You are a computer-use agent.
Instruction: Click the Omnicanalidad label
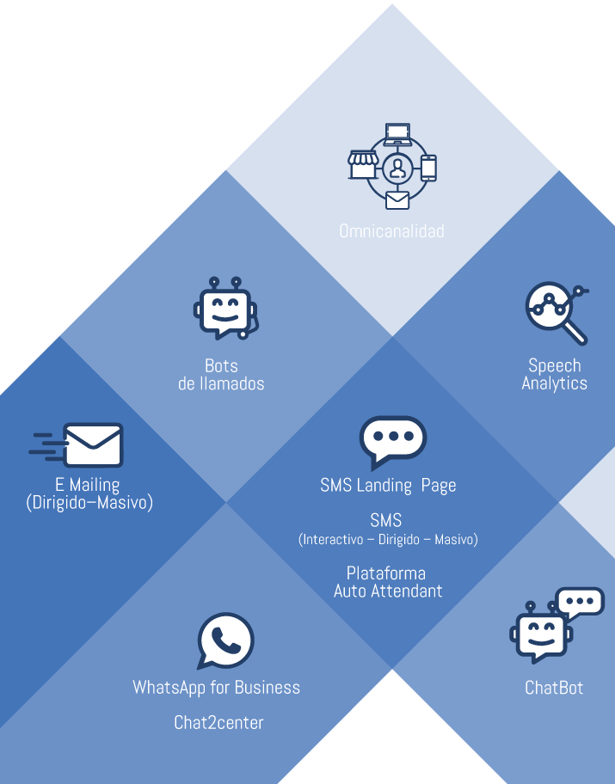point(391,231)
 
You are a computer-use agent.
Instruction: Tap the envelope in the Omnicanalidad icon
point(397,199)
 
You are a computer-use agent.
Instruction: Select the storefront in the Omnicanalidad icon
point(362,163)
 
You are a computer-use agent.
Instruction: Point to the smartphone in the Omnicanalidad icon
point(428,167)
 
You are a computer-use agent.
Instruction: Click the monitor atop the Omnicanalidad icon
point(397,133)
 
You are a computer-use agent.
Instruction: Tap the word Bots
point(221,365)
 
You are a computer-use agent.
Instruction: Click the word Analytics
point(554,383)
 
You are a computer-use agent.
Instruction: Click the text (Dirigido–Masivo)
point(89,502)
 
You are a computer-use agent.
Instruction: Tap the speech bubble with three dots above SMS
point(393,440)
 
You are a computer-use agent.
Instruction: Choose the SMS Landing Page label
point(388,486)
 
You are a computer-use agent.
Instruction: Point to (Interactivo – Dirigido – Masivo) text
point(387,540)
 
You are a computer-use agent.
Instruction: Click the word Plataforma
point(386,573)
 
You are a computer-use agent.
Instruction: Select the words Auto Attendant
point(388,591)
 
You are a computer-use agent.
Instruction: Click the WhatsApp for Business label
point(216,688)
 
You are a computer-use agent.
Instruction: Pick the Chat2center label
point(218,722)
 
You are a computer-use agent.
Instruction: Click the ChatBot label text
point(554,688)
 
